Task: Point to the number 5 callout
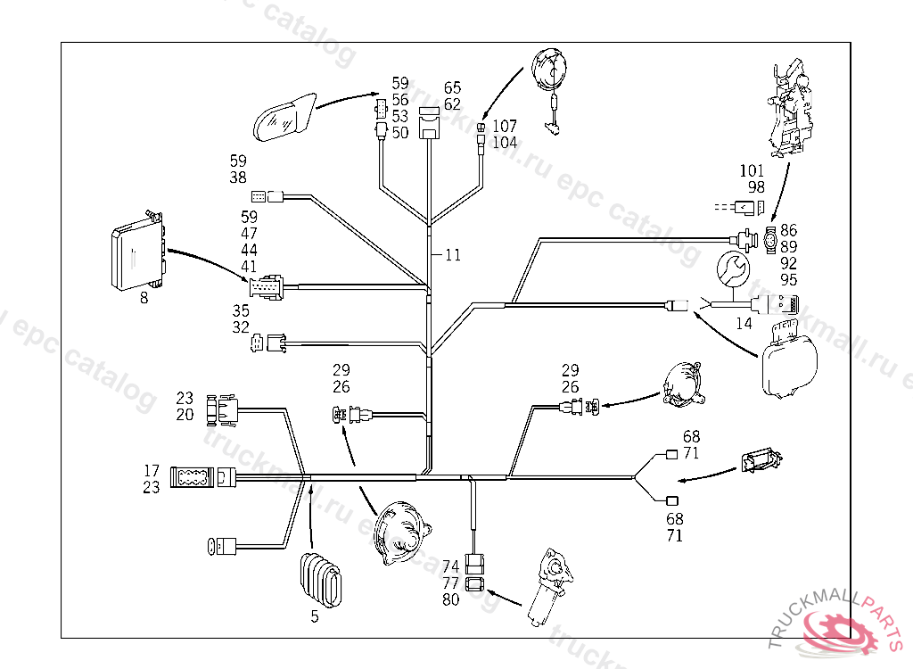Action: click(315, 615)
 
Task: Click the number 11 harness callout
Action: click(453, 255)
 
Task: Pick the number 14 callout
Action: click(744, 324)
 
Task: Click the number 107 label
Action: click(505, 127)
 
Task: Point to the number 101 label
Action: click(752, 169)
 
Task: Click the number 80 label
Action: click(451, 599)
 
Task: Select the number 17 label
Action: click(152, 470)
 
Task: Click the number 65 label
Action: click(452, 87)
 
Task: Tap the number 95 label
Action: click(788, 279)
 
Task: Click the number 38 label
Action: click(238, 178)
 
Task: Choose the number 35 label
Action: click(241, 311)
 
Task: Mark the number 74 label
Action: click(451, 566)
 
